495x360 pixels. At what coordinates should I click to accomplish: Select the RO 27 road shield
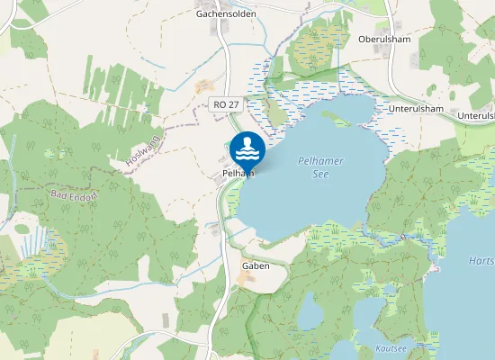pos(226,105)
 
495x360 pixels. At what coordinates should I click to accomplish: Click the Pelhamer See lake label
pos(319,166)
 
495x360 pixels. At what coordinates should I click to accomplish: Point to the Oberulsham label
pos(384,39)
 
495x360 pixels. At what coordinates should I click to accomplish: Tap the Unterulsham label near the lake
pos(416,109)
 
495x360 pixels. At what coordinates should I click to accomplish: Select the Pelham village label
pos(232,174)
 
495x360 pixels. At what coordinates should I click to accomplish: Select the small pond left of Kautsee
pos(311,314)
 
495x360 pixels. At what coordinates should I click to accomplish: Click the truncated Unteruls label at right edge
pos(476,115)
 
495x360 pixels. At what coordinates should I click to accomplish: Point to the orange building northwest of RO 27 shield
pos(204,86)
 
